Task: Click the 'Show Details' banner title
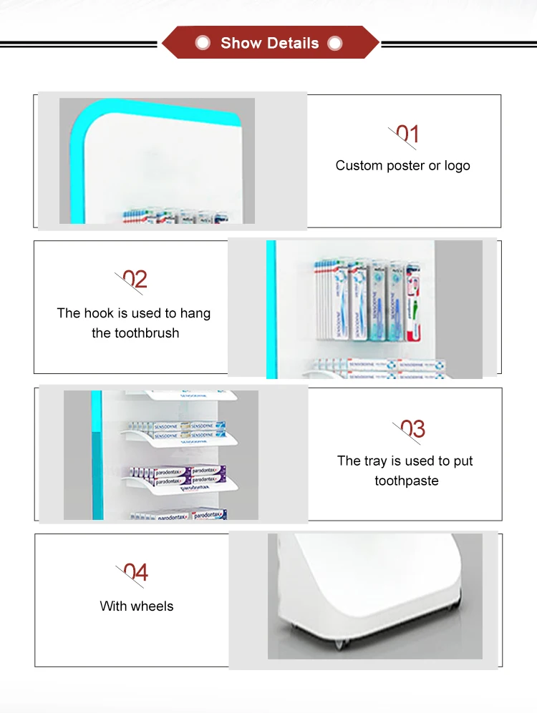coord(269,43)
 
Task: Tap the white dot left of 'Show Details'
coord(203,43)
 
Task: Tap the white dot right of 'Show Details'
coord(334,43)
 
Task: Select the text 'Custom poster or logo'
coord(402,165)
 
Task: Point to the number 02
coord(135,279)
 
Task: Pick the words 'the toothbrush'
coord(135,333)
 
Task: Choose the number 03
coord(412,429)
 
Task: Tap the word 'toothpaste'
coord(406,481)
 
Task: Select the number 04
coord(135,573)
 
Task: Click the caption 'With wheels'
coord(136,606)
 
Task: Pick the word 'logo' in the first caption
coord(457,165)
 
